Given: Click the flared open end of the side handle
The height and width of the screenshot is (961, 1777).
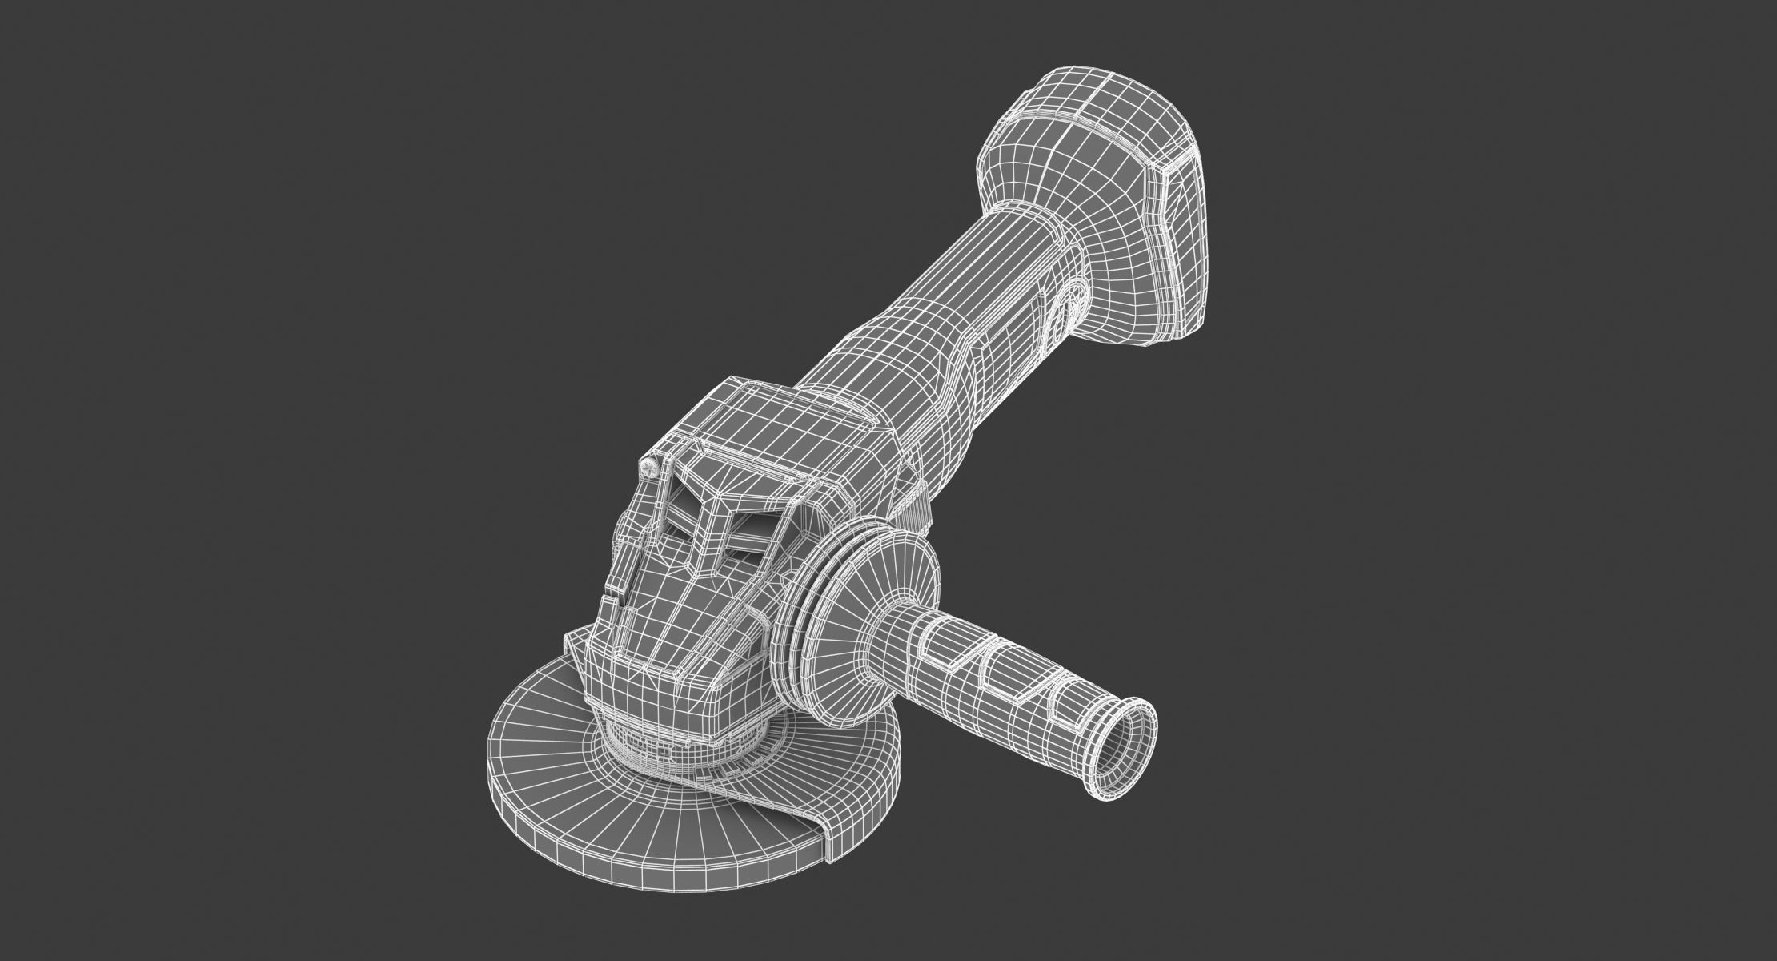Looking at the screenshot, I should click(1121, 738).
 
